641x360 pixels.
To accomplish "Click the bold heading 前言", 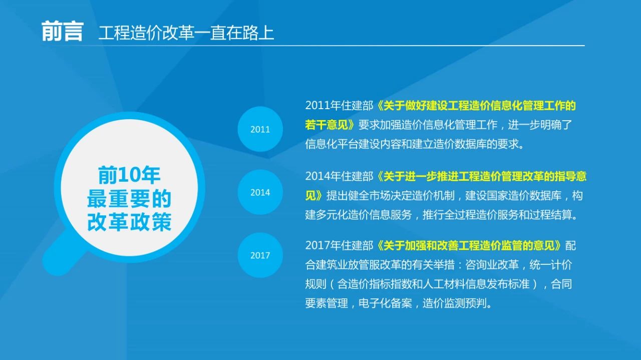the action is point(63,32).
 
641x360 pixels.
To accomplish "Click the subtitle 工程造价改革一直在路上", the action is point(186,33).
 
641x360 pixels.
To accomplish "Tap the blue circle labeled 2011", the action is point(260,129).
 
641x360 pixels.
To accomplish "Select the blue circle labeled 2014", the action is point(260,192).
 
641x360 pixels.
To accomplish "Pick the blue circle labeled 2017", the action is point(260,255).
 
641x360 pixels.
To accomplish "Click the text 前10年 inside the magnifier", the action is point(129,175).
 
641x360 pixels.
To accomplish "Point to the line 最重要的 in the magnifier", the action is point(129,198).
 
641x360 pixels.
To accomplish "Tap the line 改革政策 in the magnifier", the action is point(129,221).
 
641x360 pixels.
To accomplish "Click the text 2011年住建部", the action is point(339,106).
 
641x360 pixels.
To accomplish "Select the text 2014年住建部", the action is point(339,176).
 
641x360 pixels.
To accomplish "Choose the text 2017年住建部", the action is point(339,245).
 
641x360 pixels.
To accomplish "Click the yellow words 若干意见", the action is point(327,125).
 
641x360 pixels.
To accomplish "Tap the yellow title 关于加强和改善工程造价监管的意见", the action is point(469,245).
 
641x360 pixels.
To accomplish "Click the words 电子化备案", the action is point(385,303).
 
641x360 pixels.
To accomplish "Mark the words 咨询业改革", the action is point(492,265).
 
